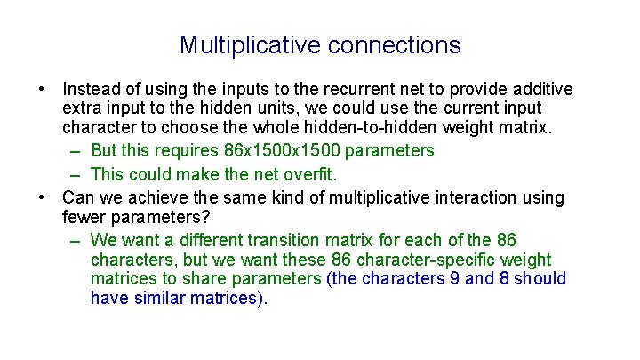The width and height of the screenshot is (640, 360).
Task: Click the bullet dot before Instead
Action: click(x=42, y=91)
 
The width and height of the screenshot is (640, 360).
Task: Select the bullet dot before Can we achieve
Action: click(x=42, y=198)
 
